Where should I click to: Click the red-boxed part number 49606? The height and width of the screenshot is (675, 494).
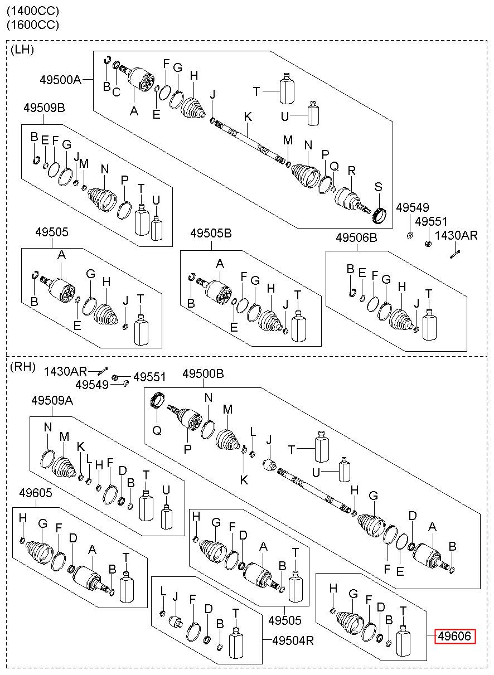tap(454, 636)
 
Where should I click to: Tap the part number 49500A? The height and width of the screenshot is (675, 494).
tap(61, 80)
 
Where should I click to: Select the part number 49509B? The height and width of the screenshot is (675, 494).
tap(44, 108)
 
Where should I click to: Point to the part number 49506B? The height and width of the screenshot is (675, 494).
tap(356, 238)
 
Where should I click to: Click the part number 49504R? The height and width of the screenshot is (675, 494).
tap(293, 640)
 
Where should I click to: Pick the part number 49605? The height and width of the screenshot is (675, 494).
tap(36, 493)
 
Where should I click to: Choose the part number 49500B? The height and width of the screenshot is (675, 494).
tap(203, 373)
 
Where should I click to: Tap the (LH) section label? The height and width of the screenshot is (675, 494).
tap(22, 50)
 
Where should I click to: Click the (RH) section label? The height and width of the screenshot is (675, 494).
tap(23, 366)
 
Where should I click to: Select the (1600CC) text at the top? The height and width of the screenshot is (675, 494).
tap(33, 25)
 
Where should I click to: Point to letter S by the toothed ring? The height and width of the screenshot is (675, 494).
tap(378, 187)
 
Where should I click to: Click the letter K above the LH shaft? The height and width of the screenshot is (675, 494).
tap(248, 116)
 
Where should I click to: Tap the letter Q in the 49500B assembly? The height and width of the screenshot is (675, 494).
tap(157, 430)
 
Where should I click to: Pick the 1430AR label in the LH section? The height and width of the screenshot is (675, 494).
tap(456, 235)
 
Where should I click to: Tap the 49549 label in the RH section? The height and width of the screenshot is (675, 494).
tap(91, 385)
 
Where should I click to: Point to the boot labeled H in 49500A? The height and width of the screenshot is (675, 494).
tap(193, 108)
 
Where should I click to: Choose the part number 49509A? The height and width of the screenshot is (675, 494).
tap(52, 400)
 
